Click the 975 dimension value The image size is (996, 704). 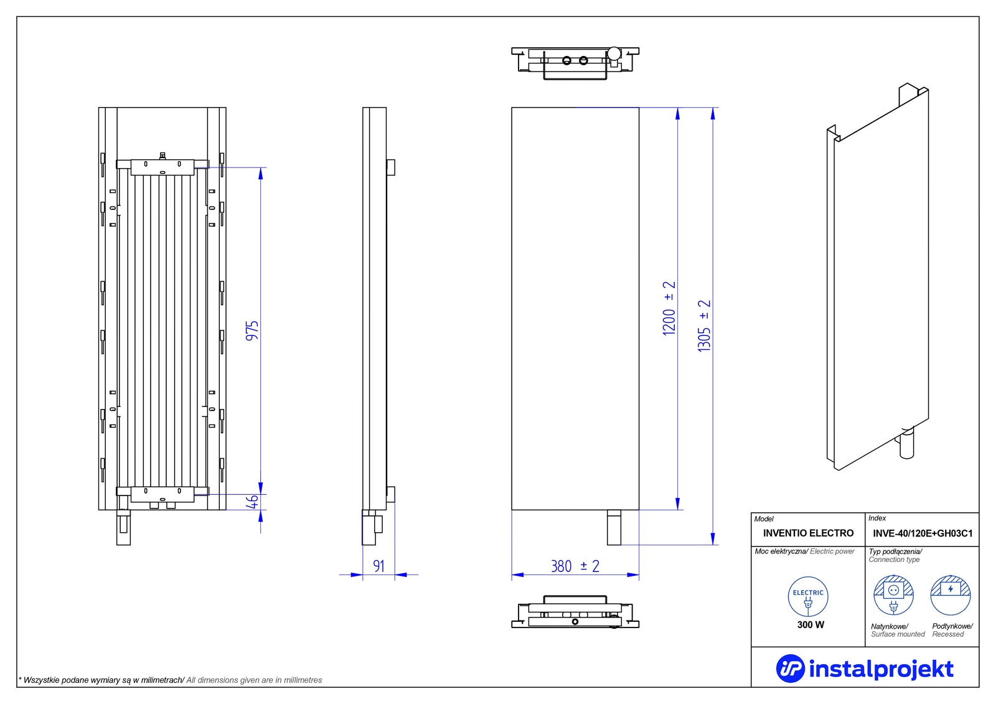click(x=252, y=331)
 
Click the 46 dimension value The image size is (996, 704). click(x=253, y=502)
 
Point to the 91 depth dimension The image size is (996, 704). click(x=378, y=566)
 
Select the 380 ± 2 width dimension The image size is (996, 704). click(x=575, y=566)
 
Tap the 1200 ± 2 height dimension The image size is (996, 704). click(x=669, y=309)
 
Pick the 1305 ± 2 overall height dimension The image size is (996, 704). click(x=704, y=326)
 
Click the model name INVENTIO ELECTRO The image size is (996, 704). click(x=808, y=533)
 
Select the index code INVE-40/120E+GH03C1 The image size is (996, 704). click(x=923, y=533)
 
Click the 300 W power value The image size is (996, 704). click(x=810, y=625)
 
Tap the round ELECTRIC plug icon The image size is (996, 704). click(x=808, y=597)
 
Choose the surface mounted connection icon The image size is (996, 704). click(x=893, y=596)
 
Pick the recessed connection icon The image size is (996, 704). click(x=951, y=596)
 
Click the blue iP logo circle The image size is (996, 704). click(x=790, y=669)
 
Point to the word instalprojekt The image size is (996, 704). click(x=881, y=669)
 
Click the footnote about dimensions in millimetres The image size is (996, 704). click(x=171, y=680)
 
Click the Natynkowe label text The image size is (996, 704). click(x=890, y=626)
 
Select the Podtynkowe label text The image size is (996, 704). click(x=952, y=626)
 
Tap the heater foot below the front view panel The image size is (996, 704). click(x=614, y=527)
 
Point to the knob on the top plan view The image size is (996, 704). click(x=614, y=54)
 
